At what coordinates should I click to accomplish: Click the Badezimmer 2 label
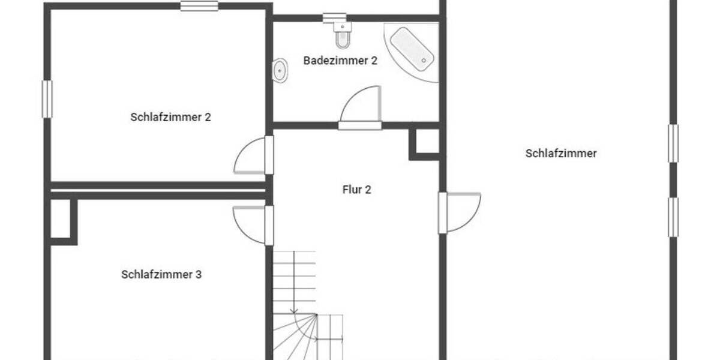340,61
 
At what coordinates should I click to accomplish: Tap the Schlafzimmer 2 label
170,117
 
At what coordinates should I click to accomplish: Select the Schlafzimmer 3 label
161,275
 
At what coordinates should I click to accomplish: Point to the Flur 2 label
357,190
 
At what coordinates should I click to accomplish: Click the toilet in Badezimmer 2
343,37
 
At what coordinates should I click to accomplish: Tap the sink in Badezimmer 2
280,71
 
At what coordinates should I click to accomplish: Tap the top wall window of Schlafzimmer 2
199,6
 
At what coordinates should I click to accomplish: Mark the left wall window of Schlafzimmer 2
47,99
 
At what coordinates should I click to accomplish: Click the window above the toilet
334,18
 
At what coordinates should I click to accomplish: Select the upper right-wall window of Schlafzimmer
673,143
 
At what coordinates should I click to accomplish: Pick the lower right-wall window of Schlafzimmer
673,217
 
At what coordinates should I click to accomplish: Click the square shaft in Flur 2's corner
427,142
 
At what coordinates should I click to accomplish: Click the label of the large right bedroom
561,154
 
